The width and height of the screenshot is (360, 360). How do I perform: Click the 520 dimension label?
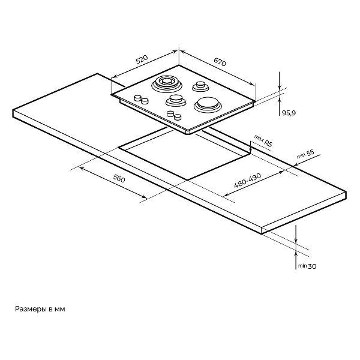[142, 59]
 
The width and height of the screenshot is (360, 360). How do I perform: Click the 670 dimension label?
[220, 62]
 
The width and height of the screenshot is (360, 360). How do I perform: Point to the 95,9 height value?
[289, 113]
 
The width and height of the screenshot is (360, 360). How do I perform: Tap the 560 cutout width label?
[119, 178]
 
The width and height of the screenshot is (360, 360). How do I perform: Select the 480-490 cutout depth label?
[247, 180]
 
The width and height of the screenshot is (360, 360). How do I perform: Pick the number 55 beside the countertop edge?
[310, 153]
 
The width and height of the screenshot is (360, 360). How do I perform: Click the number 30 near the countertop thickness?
[312, 266]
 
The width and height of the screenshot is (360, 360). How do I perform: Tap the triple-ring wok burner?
[166, 84]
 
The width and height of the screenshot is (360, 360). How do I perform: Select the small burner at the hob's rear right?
[200, 86]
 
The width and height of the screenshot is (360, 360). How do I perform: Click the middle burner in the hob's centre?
[176, 101]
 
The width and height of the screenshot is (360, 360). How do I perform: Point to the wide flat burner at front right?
[208, 104]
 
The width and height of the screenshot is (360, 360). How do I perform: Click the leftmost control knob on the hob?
[137, 98]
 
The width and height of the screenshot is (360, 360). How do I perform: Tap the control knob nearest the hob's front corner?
[178, 117]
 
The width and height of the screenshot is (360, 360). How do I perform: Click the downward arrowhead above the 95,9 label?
[280, 87]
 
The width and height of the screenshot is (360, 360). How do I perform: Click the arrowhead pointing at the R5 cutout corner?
[251, 151]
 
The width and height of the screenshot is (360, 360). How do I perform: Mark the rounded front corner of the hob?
[190, 133]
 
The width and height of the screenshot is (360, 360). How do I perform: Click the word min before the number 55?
[301, 156]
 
